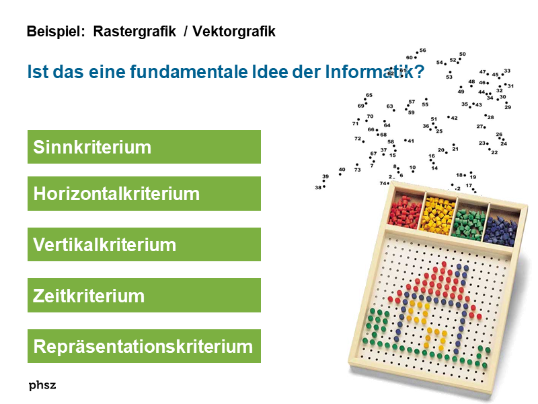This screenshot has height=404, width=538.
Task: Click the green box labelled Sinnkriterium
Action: [x=144, y=147]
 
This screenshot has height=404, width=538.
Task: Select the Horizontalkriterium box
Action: [x=144, y=194]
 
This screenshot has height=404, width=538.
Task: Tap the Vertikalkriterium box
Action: [x=144, y=244]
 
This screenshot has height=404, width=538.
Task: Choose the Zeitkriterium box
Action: [x=144, y=296]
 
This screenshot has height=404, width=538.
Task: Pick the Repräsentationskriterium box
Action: [x=144, y=346]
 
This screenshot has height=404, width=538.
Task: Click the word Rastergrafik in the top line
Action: [x=134, y=32]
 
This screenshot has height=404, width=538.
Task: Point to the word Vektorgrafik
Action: [x=234, y=32]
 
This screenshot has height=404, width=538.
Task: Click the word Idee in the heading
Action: [x=306, y=71]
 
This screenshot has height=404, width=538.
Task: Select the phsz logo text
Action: [x=42, y=385]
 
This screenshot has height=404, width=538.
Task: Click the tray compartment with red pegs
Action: [x=406, y=211]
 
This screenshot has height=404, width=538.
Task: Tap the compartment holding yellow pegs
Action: [x=438, y=213]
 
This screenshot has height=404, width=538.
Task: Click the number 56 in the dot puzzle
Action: [x=422, y=50]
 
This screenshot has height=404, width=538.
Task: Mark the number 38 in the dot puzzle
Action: [x=318, y=187]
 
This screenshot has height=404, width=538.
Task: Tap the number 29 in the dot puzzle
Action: [x=508, y=107]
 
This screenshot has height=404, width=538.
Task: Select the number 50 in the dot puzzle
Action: [x=463, y=55]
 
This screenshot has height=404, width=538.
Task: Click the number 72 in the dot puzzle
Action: [x=358, y=139]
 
